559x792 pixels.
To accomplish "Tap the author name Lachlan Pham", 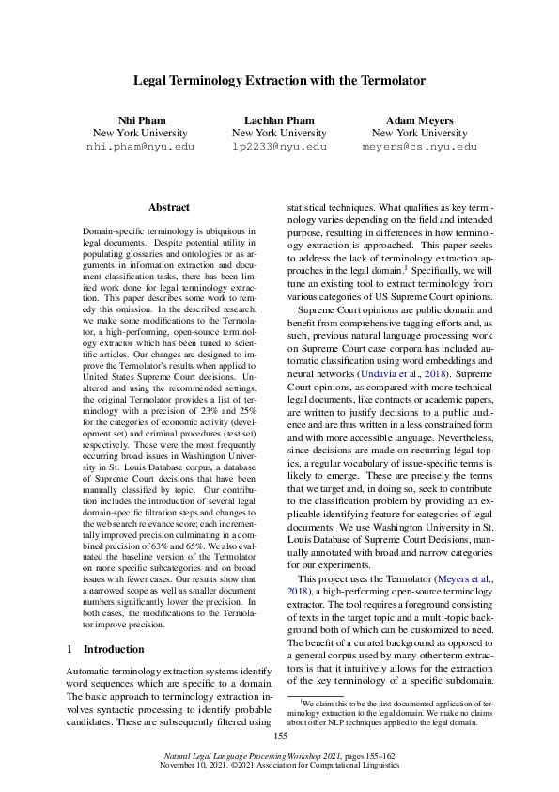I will [x=279, y=120].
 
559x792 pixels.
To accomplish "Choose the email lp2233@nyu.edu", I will [x=279, y=148].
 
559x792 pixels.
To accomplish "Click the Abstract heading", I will [x=169, y=207].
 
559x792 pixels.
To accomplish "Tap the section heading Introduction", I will [x=114, y=623].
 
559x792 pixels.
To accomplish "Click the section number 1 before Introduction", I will [x=71, y=623].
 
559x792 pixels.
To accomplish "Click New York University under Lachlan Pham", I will [x=279, y=134].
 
